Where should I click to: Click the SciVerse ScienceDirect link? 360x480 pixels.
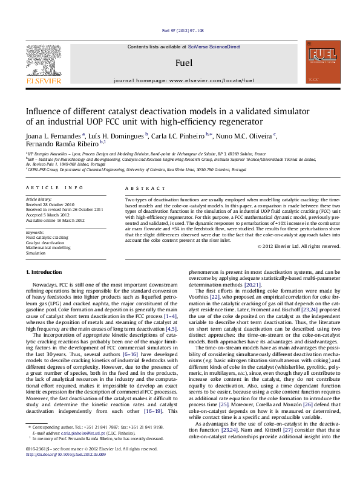pos(214,47)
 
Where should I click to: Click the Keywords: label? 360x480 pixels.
pos(36,232)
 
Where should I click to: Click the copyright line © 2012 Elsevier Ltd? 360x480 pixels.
pos(298,246)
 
